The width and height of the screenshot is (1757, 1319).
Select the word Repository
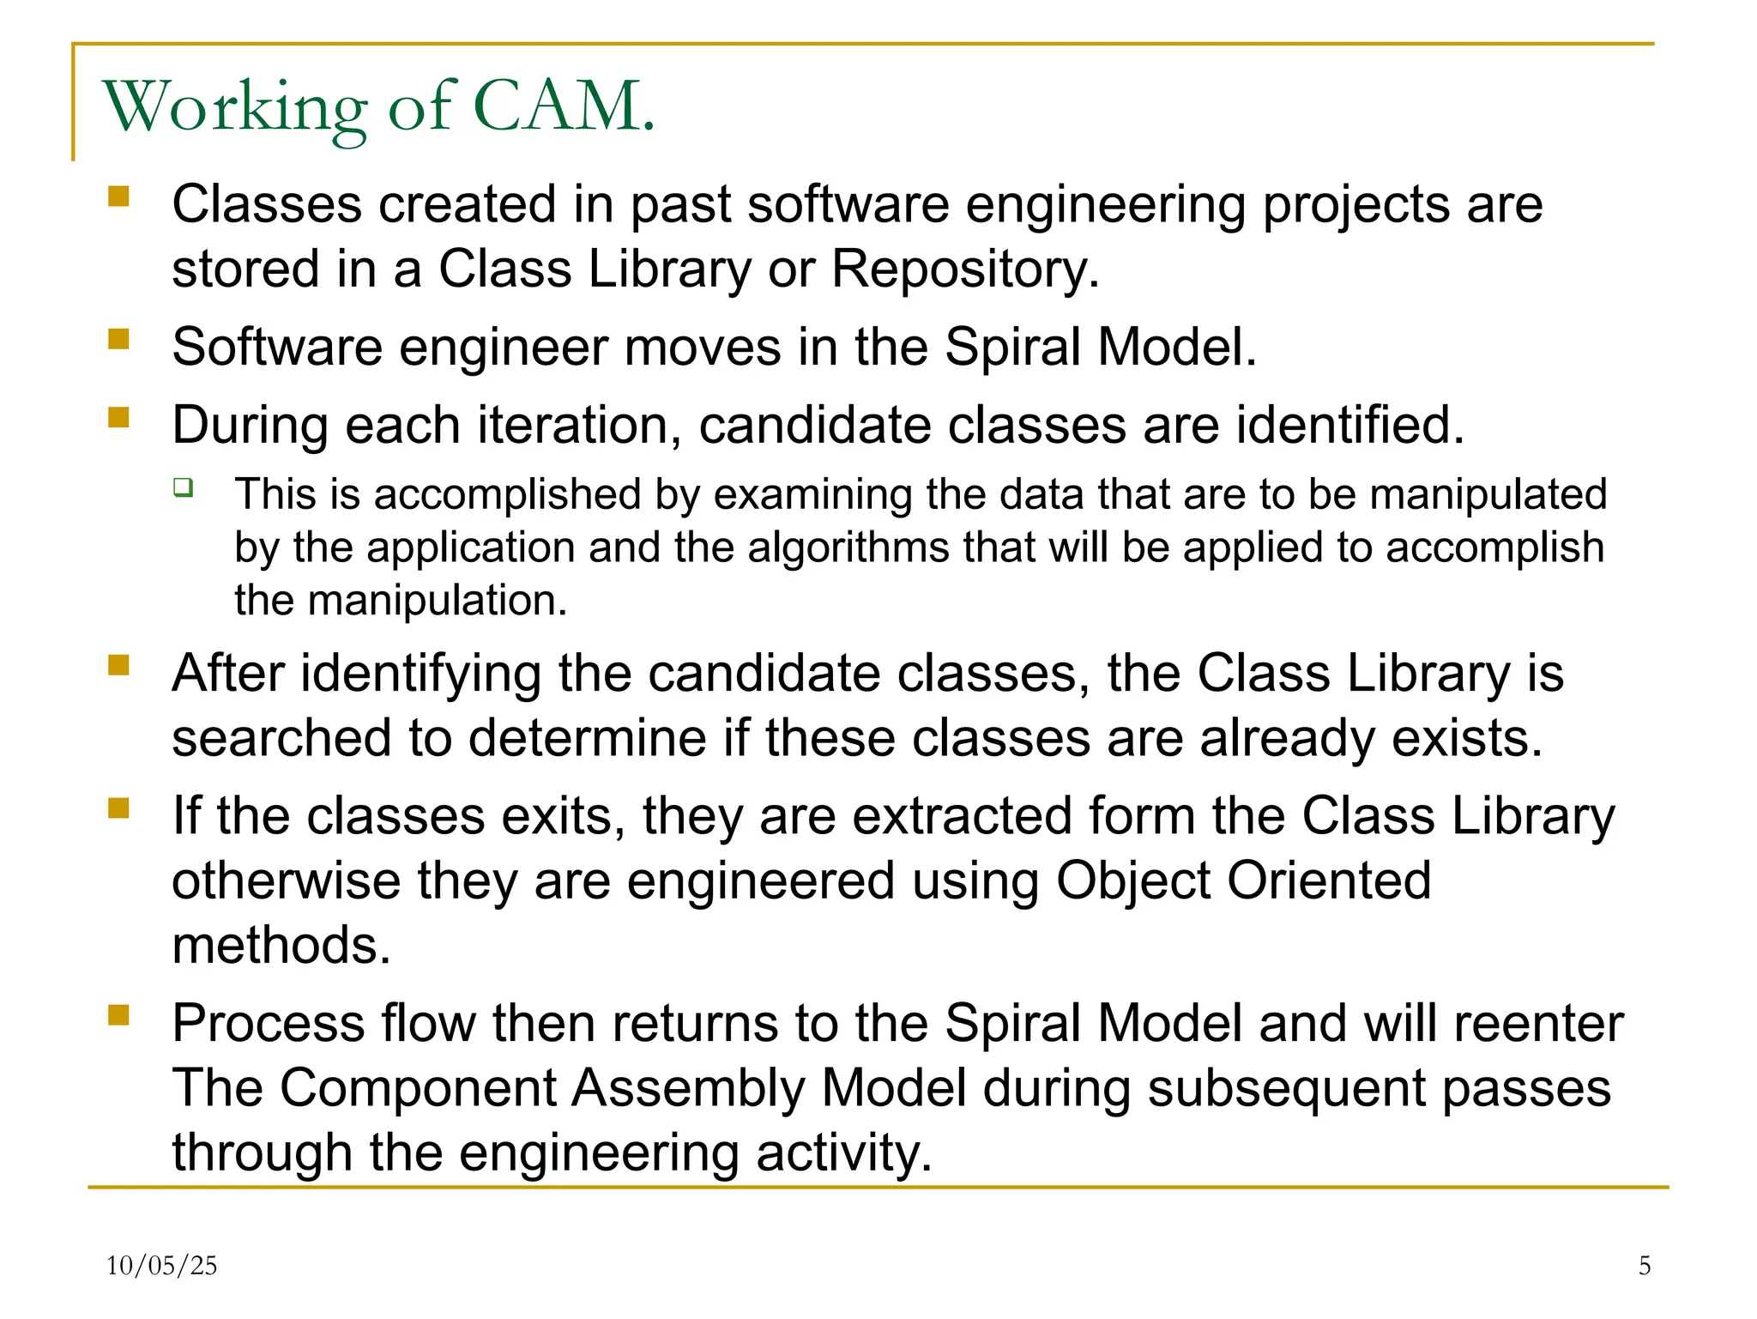pos(964,269)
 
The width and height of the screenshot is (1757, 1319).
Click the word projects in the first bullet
pos(1355,206)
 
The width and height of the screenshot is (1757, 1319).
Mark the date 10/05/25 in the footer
pos(161,1265)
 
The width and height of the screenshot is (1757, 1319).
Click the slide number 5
pos(1644,1265)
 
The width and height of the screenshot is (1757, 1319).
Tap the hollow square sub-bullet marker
pos(183,488)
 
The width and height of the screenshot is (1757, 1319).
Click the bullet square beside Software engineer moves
pos(118,340)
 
